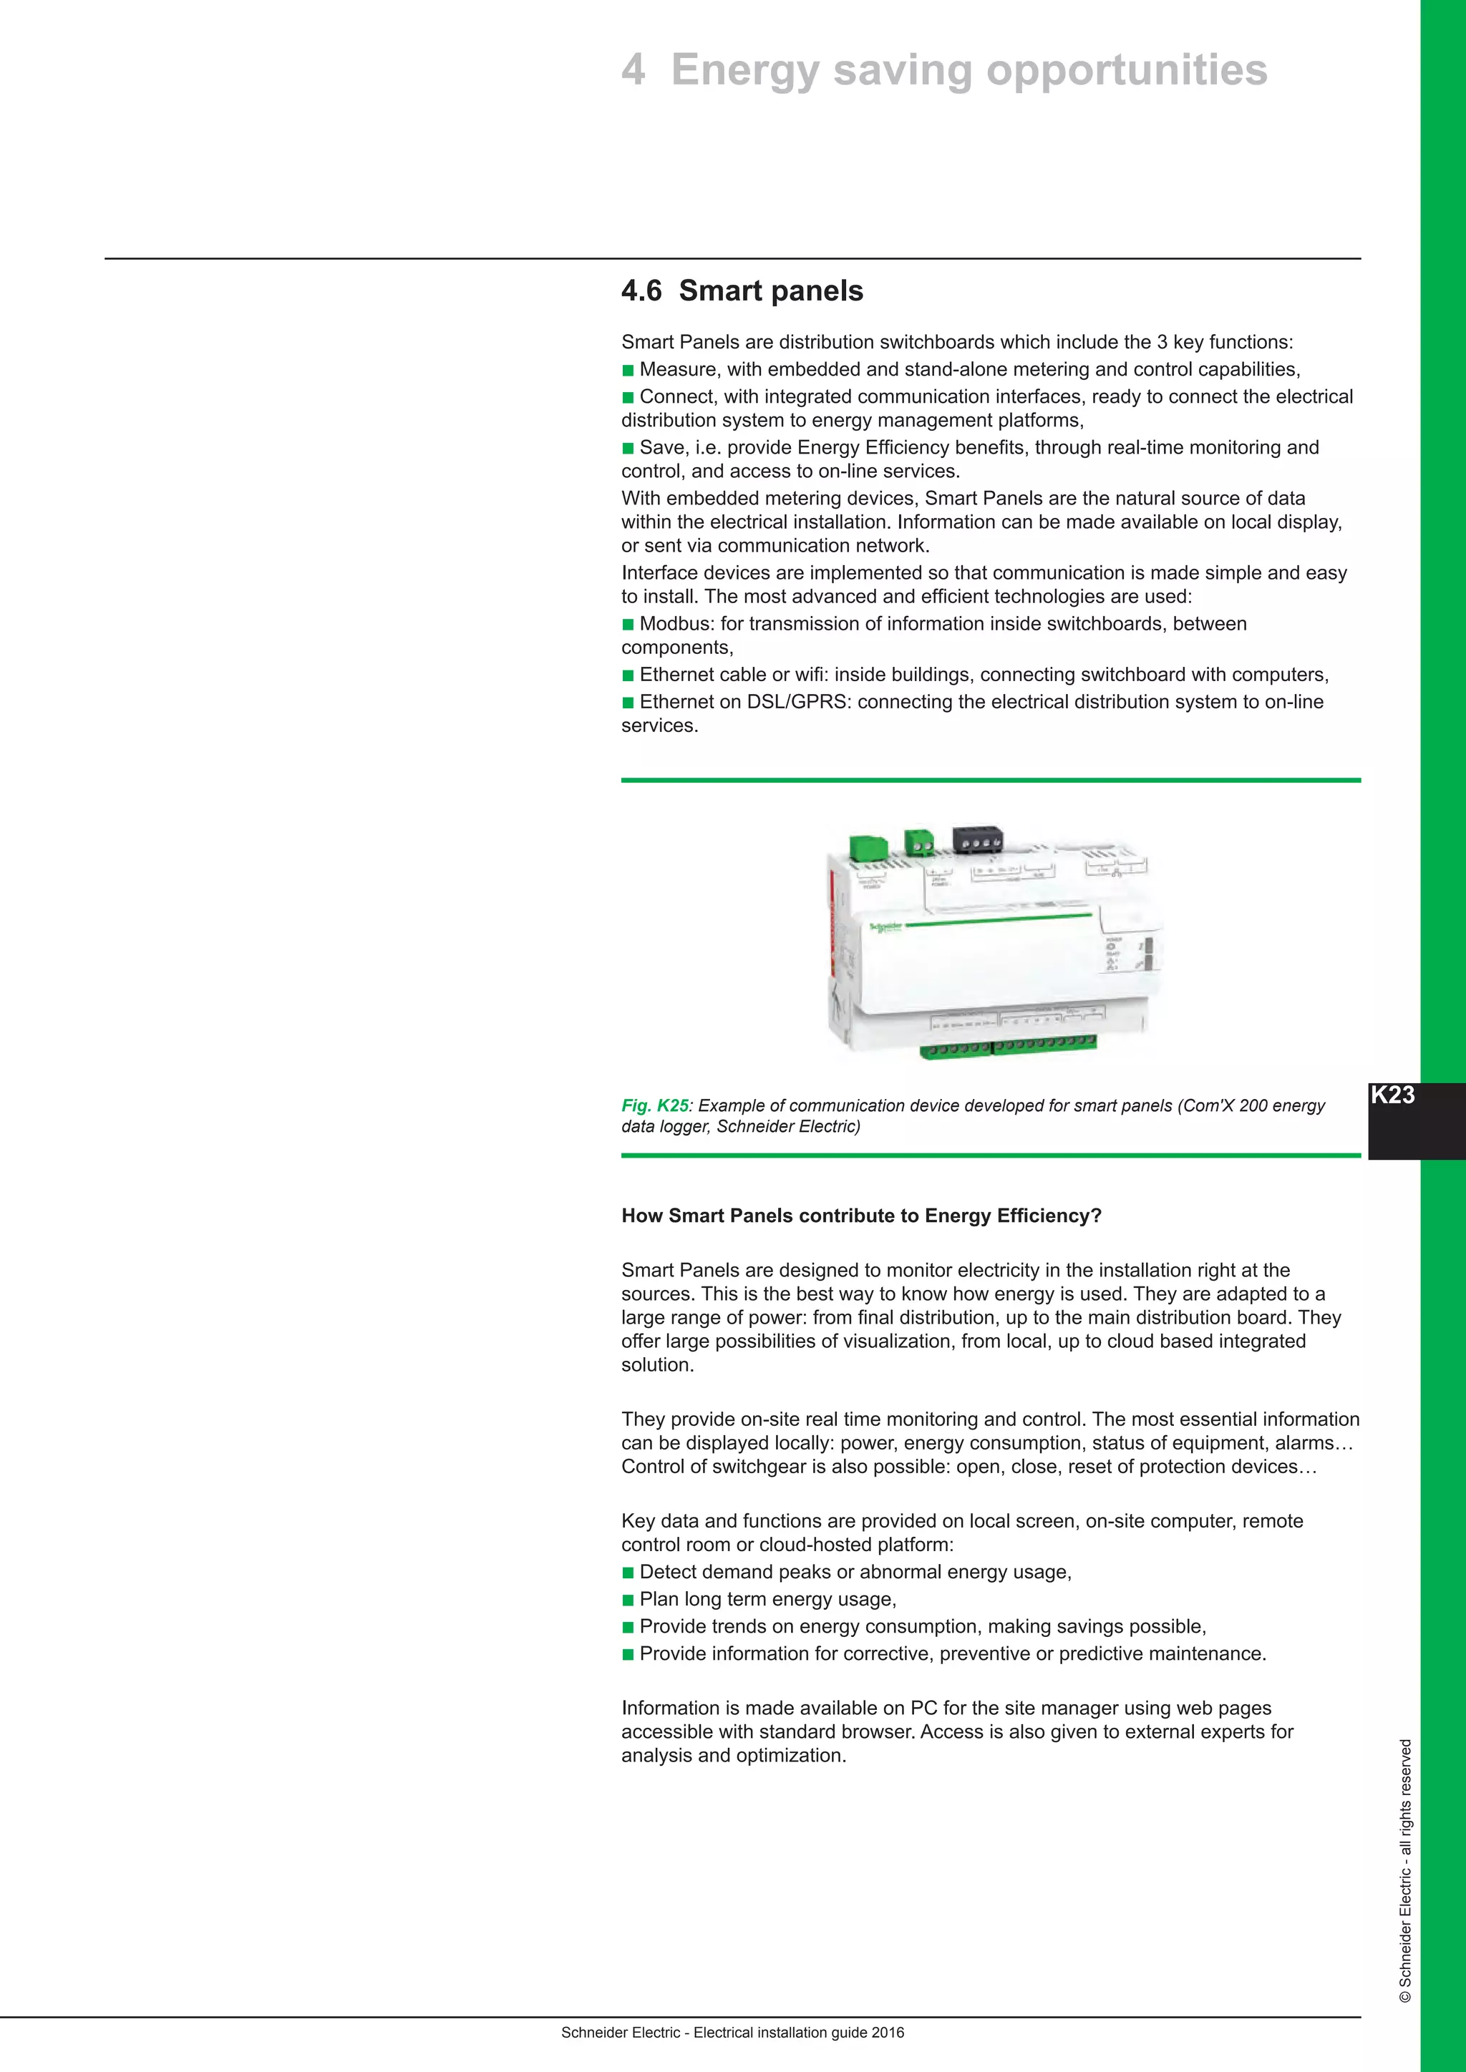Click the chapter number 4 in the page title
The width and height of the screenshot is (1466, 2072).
pyautogui.click(x=634, y=70)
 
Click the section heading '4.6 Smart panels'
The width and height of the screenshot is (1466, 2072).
pyautogui.click(x=742, y=290)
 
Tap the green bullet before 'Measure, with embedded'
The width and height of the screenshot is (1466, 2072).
pyautogui.click(x=628, y=370)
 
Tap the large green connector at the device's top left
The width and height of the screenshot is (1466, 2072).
pyautogui.click(x=868, y=847)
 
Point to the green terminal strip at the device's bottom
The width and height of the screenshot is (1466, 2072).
pyautogui.click(x=1009, y=1046)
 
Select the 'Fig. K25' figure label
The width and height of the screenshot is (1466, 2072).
pyautogui.click(x=654, y=1105)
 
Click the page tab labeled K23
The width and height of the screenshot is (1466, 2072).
pyautogui.click(x=1393, y=1095)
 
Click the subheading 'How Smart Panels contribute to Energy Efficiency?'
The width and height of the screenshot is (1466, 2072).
pyautogui.click(x=861, y=1216)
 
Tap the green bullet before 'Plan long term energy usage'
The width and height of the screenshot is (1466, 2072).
pyautogui.click(x=628, y=1600)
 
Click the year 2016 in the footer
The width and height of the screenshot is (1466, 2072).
pyautogui.click(x=888, y=2033)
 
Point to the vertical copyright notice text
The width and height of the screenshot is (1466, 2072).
pyautogui.click(x=1404, y=1877)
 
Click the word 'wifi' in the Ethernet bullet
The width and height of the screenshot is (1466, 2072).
pyautogui.click(x=812, y=675)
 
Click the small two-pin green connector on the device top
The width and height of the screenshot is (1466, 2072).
pyautogui.click(x=919, y=842)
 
